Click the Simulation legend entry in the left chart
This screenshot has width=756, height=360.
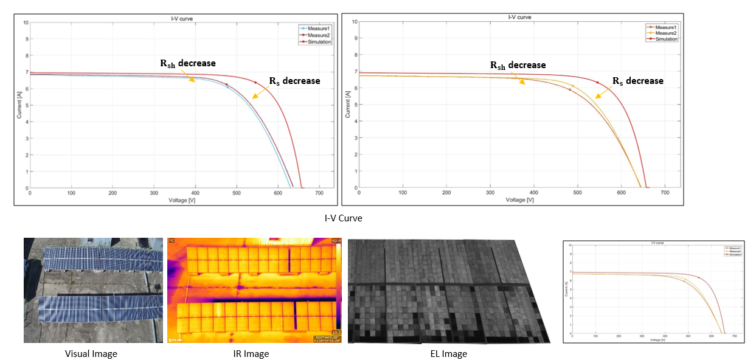click(x=319, y=42)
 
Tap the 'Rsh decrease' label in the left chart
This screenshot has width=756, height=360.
click(x=187, y=63)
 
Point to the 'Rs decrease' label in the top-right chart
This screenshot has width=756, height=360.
click(x=637, y=81)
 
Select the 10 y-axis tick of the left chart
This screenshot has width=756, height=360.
click(x=25, y=22)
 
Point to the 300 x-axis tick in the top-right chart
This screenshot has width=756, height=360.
click(x=490, y=193)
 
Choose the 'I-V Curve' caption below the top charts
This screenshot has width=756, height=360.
click(x=344, y=218)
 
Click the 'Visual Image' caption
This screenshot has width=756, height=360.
click(x=91, y=353)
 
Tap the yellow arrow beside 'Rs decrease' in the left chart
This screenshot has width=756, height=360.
click(x=262, y=91)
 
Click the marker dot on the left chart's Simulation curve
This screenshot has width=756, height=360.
click(x=255, y=83)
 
